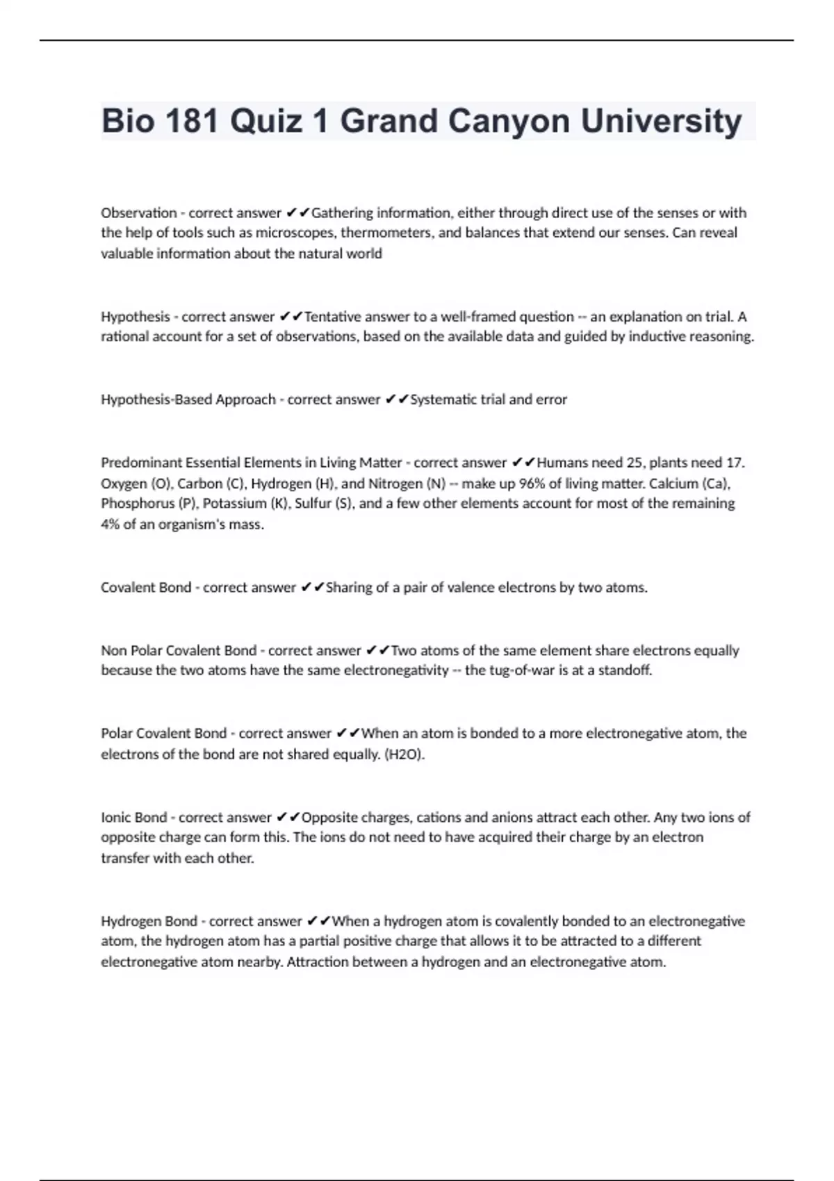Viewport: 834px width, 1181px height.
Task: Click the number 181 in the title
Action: tap(190, 121)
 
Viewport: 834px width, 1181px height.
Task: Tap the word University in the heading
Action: tap(661, 121)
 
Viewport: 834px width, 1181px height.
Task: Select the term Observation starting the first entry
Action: tap(139, 213)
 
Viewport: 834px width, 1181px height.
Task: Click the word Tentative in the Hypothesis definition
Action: tap(333, 317)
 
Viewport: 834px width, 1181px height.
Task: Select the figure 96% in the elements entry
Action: tap(532, 484)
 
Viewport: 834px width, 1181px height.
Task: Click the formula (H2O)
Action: tap(404, 754)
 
